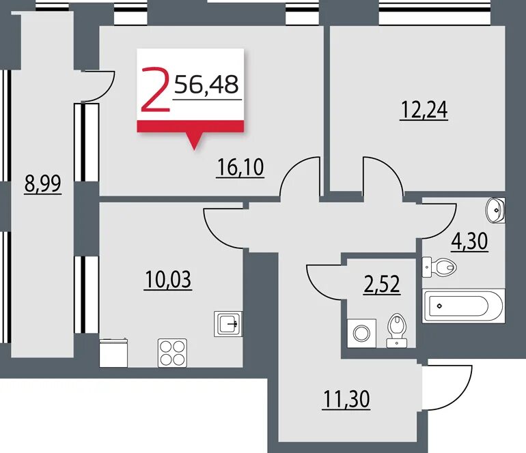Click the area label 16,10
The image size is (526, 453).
pyautogui.click(x=240, y=168)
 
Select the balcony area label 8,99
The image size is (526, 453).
pyautogui.click(x=42, y=184)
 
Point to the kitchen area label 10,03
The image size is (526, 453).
pyautogui.click(x=168, y=280)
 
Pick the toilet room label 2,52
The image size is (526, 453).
pyautogui.click(x=382, y=284)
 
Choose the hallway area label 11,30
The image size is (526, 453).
pyautogui.click(x=346, y=399)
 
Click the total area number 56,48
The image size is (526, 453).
pyautogui.click(x=206, y=84)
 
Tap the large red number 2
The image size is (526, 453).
pyautogui.click(x=154, y=89)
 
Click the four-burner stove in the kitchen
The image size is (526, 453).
pyautogui.click(x=172, y=353)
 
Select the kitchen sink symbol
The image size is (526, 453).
pyautogui.click(x=227, y=323)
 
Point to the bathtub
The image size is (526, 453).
pyautogui.click(x=463, y=306)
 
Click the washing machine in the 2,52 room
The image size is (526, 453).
pyautogui.click(x=361, y=334)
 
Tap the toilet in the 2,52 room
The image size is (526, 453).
pyautogui.click(x=397, y=331)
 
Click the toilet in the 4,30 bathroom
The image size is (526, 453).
pyautogui.click(x=439, y=267)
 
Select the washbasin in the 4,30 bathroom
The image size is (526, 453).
pyautogui.click(x=495, y=210)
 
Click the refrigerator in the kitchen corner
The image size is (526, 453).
pyautogui.click(x=113, y=353)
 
